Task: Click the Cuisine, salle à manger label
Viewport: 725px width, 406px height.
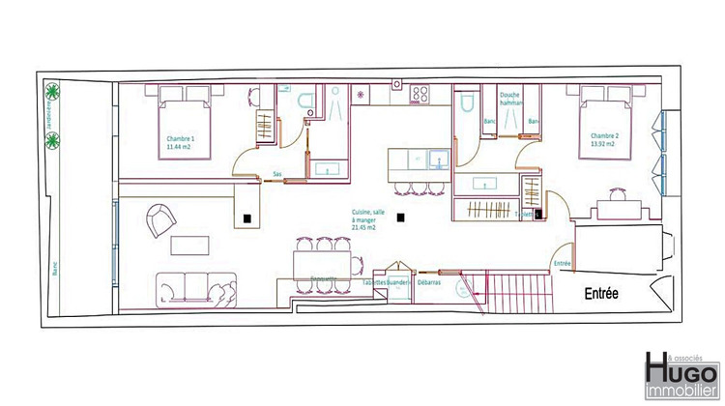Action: (363, 222)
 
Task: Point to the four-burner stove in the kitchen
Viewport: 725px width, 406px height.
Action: (421, 95)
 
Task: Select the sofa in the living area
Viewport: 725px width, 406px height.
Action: (196, 287)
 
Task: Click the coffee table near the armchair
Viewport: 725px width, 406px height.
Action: (189, 246)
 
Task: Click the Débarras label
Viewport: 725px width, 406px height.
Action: (430, 284)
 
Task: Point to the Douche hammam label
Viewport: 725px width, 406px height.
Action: (511, 98)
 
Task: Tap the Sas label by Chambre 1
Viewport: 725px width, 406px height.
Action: (277, 175)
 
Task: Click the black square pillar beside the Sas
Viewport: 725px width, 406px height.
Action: (249, 218)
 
